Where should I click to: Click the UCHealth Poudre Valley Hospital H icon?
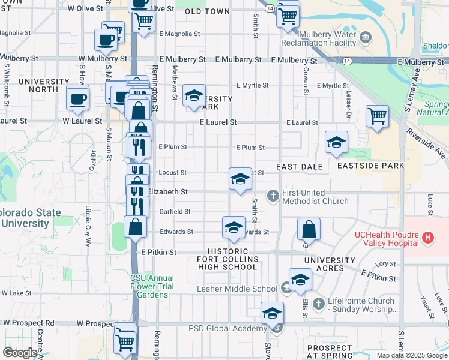click(x=427, y=238)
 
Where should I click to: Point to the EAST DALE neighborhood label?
click(x=300, y=166)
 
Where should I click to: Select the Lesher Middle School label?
click(x=237, y=289)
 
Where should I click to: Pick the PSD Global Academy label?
click(x=228, y=328)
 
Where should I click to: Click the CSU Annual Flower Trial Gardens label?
click(x=152, y=286)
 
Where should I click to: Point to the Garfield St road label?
click(x=175, y=211)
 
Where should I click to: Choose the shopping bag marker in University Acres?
click(x=308, y=229)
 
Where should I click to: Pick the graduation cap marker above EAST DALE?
click(x=336, y=142)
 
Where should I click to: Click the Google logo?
click(x=20, y=353)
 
